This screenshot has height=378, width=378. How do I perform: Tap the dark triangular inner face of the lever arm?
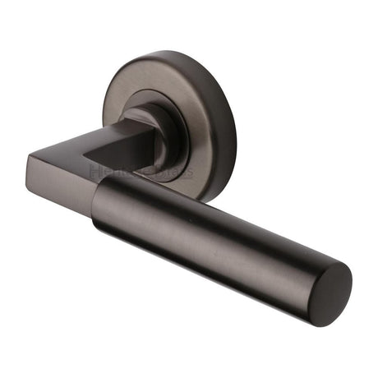point(131,152)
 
